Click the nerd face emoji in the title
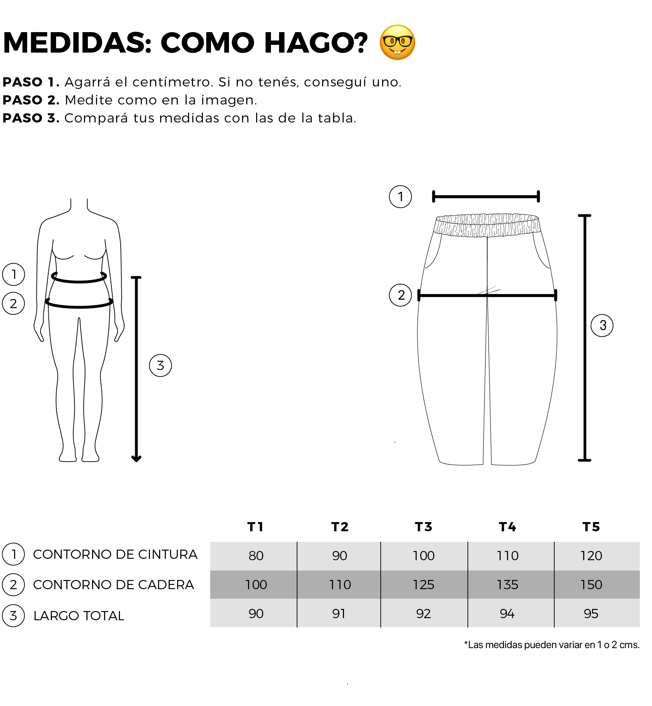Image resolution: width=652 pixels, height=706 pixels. [397, 42]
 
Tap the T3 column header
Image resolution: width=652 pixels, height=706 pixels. [423, 527]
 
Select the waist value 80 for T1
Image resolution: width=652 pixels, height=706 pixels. [256, 556]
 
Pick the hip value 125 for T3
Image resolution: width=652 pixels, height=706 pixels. [423, 585]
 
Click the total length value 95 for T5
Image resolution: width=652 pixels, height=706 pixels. [591, 614]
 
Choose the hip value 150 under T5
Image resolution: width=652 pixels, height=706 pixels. [591, 585]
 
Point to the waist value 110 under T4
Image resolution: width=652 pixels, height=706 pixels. [507, 556]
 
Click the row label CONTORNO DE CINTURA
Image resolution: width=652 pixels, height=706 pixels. [115, 555]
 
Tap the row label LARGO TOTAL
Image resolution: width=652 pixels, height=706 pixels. [79, 616]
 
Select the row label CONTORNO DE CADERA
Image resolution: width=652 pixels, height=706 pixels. [113, 585]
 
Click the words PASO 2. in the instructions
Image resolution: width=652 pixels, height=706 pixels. [31, 100]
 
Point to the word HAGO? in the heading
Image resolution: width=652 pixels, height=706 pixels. [316, 43]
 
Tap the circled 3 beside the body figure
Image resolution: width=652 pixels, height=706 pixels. [161, 366]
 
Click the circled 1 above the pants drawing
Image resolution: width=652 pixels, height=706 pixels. [400, 197]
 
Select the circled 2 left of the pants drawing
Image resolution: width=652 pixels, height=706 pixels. [400, 295]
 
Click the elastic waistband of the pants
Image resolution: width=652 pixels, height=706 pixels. [487, 225]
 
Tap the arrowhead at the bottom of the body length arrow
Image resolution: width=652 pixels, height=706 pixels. [136, 459]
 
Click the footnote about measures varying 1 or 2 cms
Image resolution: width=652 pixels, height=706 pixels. [552, 645]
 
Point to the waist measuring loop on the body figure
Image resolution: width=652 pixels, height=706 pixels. [79, 281]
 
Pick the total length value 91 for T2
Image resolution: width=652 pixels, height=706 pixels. [339, 614]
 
